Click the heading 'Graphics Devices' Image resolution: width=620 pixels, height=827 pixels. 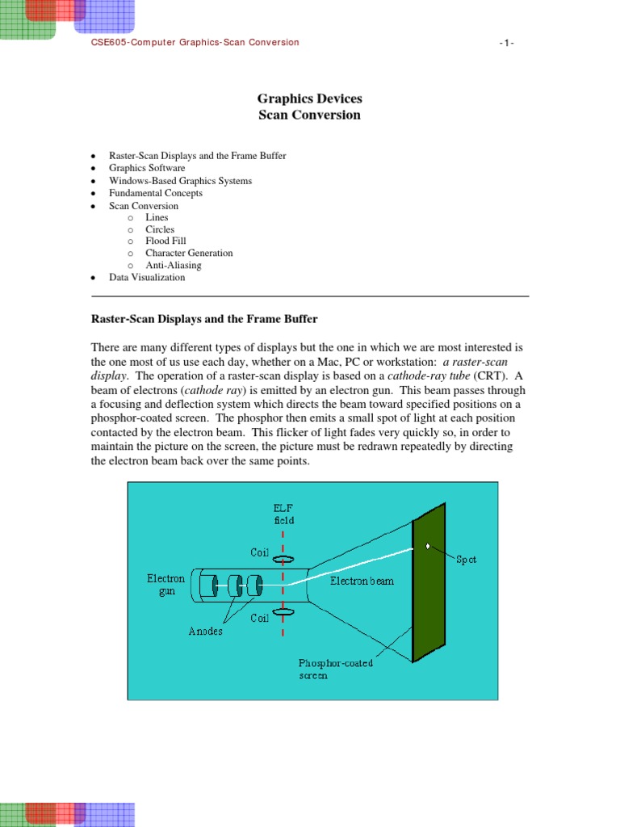pyautogui.click(x=309, y=99)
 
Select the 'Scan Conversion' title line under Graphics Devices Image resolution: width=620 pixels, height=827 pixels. pyautogui.click(x=309, y=115)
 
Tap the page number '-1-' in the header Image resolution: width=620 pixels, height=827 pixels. pyautogui.click(x=506, y=43)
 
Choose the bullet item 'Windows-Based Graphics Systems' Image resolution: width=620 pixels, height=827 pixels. pyautogui.click(x=180, y=181)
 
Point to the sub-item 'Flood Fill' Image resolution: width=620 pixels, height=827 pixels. pyautogui.click(x=165, y=241)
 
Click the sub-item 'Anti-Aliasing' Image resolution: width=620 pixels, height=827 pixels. pyautogui.click(x=173, y=265)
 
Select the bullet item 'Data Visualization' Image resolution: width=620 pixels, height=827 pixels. pyautogui.click(x=147, y=277)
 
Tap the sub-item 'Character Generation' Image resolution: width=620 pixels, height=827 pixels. pyautogui.click(x=189, y=253)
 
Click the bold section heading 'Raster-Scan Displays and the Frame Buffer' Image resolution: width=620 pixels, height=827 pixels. pyautogui.click(x=210, y=320)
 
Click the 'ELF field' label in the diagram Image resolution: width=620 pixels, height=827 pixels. pyautogui.click(x=283, y=514)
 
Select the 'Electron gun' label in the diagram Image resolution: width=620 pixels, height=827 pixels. pyautogui.click(x=165, y=586)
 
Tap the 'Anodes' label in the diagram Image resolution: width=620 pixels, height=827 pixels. pyautogui.click(x=206, y=632)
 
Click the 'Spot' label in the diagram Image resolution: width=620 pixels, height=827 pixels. pyautogui.click(x=466, y=560)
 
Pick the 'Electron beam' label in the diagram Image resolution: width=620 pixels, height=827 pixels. pyautogui.click(x=362, y=581)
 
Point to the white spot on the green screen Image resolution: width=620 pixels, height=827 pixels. pyautogui.click(x=427, y=547)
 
